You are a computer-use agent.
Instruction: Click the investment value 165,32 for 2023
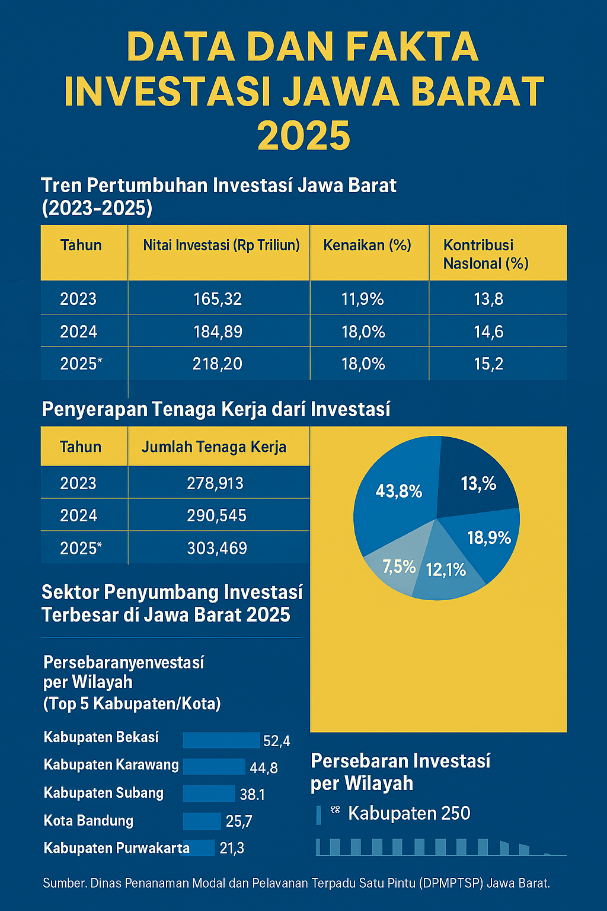coord(218,299)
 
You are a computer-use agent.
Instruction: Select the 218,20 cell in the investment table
coord(218,364)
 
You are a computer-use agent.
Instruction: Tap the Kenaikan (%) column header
coord(367,246)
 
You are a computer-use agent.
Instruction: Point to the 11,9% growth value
coord(362,299)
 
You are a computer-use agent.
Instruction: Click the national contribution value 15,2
coord(488,364)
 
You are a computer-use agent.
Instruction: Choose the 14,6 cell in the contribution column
coord(488,332)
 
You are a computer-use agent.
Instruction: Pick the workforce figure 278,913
coord(215,483)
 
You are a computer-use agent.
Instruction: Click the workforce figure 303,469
coord(217,548)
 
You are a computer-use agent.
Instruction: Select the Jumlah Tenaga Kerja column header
coord(213,447)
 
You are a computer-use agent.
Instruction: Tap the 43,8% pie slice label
coord(399,491)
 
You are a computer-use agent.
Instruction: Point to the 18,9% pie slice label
coord(489,538)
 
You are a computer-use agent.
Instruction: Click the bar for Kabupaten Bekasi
coord(222,740)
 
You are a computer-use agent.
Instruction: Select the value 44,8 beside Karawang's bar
coord(264,768)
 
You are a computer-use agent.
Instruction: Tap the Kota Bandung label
coord(88,821)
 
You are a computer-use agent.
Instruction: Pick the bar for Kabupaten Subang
coord(209,794)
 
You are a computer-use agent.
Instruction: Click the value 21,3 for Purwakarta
coord(232,848)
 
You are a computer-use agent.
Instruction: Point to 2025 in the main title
coord(303,136)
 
